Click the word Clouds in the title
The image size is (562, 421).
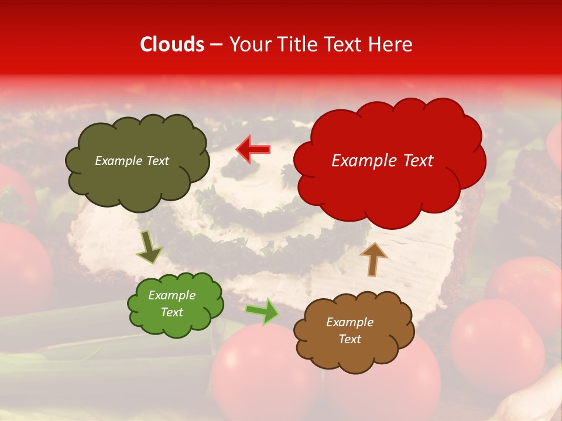pos(172,44)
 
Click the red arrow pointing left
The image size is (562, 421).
pos(253,149)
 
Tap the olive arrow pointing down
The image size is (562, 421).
pos(149,247)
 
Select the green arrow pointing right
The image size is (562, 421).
pos(262,311)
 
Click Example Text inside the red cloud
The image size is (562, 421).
pos(382,161)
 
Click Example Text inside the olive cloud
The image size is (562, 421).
pos(132,161)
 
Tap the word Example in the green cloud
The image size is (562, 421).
pos(172,295)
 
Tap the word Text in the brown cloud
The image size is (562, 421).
pos(349,339)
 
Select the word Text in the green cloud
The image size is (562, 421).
pos(172,312)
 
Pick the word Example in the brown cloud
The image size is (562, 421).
pos(349,322)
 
